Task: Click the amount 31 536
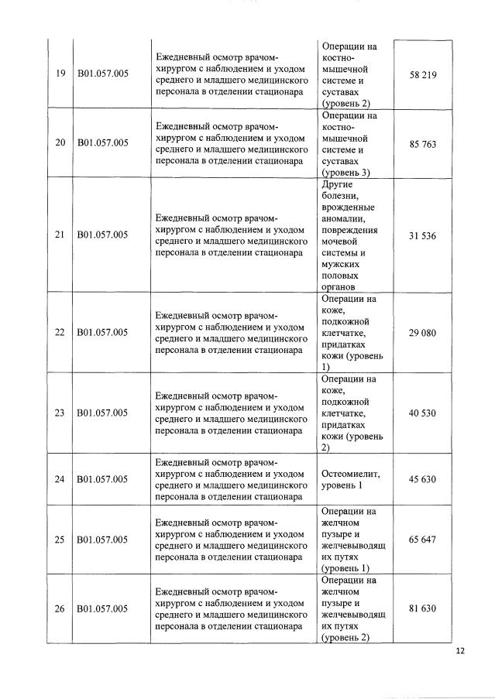[x=423, y=235]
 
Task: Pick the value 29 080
[x=423, y=332]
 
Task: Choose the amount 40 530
[x=423, y=413]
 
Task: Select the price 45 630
[x=423, y=479]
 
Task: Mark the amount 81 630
[x=423, y=608]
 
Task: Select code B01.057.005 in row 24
[x=102, y=479]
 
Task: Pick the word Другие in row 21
[x=336, y=184]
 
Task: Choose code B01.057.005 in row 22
[x=102, y=332]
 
